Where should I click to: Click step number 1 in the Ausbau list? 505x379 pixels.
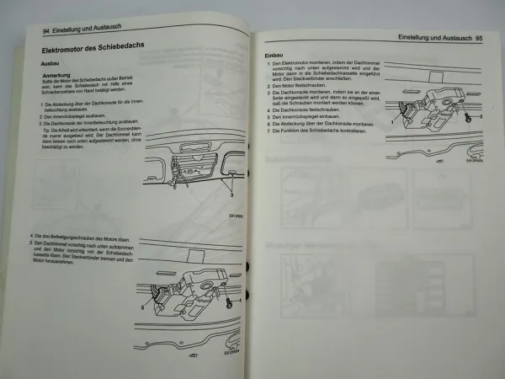coord(44,104)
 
